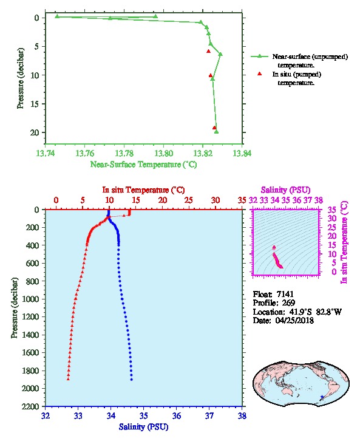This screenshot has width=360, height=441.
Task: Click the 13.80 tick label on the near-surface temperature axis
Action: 163,153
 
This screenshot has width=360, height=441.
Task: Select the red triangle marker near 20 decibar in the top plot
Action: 214,128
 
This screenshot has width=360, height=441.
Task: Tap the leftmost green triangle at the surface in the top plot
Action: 57,16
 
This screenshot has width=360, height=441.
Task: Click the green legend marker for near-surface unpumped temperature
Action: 259,56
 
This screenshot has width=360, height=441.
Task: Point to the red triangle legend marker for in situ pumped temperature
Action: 259,73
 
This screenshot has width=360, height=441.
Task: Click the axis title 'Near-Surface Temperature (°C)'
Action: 143,164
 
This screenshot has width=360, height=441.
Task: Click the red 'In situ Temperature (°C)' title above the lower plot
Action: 143,190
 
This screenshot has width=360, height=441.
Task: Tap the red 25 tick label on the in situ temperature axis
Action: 189,200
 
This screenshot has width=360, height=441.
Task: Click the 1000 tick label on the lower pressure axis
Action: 31,299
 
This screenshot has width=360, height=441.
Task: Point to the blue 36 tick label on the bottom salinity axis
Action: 177,415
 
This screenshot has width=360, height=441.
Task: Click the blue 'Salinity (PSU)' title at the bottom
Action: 143,427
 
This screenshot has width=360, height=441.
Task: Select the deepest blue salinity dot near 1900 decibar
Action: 132,380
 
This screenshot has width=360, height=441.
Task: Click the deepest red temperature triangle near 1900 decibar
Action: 68,379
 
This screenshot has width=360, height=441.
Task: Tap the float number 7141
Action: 285,294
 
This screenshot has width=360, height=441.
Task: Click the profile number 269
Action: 288,303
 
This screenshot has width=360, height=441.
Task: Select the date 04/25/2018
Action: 294,320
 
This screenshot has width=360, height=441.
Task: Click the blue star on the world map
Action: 322,397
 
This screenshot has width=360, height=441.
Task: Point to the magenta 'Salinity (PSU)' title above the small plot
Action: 285,190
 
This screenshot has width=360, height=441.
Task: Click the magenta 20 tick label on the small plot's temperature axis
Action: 331,236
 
